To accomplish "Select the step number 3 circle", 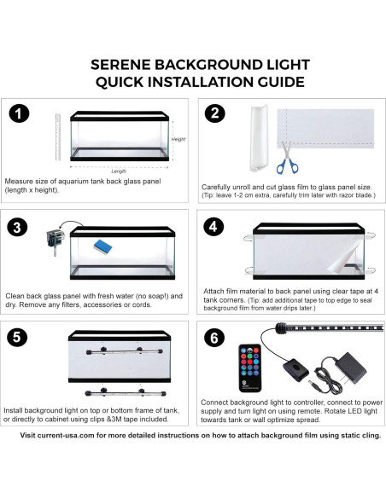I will point(20,227).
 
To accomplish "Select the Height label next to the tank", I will point(178,138).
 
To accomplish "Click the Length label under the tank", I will point(119,171).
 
